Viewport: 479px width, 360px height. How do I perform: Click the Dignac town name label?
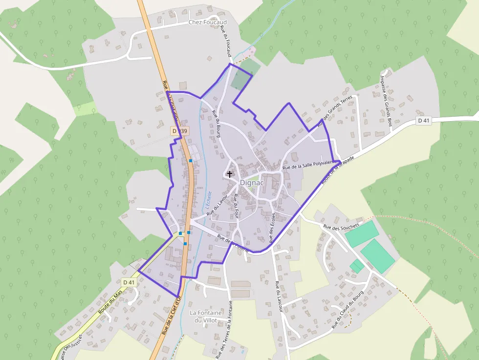[252, 183]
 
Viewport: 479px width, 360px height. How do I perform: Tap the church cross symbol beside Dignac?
[230, 174]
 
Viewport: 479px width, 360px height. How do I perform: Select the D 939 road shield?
[179, 131]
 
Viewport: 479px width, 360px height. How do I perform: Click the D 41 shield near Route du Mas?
[129, 282]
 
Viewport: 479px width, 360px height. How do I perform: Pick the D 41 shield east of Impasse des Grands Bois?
[424, 120]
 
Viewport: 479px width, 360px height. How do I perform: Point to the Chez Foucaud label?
[208, 22]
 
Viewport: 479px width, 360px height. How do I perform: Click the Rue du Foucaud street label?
[227, 42]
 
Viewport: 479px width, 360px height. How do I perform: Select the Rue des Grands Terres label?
[335, 111]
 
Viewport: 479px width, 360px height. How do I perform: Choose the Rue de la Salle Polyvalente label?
[309, 165]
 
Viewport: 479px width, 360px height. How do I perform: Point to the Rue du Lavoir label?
[217, 205]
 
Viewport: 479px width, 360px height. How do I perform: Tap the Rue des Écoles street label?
[272, 227]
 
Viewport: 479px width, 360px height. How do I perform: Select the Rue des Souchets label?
[341, 226]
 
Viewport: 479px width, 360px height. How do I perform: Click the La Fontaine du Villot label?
[206, 317]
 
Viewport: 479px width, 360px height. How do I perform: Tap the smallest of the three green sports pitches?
[357, 266]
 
